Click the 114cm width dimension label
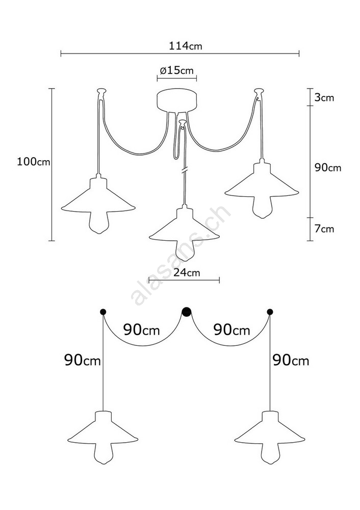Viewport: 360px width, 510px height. click(x=186, y=46)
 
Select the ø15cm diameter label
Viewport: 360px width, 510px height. click(x=176, y=70)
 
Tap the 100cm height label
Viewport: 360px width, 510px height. click(x=34, y=161)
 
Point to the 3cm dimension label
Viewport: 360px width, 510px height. click(x=324, y=97)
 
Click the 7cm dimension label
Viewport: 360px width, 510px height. click(x=324, y=228)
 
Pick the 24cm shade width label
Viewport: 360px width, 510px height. click(x=187, y=272)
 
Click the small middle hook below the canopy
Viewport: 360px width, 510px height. click(x=183, y=123)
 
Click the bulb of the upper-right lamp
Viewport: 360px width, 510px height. click(x=263, y=207)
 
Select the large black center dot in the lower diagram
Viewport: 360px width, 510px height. click(x=186, y=312)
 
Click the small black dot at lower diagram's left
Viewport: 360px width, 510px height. click(x=103, y=312)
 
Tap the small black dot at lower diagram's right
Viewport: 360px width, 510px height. click(x=270, y=312)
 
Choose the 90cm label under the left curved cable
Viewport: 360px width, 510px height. click(x=142, y=330)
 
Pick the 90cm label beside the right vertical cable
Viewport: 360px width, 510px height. click(x=291, y=360)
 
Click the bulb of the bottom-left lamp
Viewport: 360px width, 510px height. click(x=103, y=453)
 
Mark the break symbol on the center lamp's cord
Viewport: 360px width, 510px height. click(x=185, y=170)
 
